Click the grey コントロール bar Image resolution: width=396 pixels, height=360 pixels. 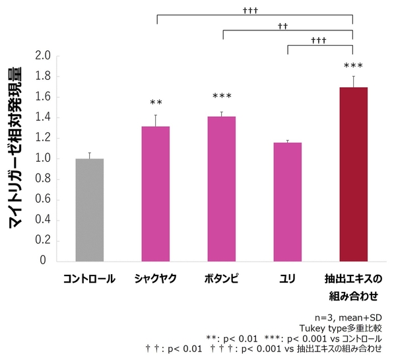[90, 209]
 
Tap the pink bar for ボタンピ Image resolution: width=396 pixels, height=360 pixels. [222, 188]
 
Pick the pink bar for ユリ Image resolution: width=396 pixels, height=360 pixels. [288, 201]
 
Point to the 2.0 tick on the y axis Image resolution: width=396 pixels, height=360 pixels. [44, 57]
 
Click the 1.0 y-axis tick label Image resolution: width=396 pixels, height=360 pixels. [44, 159]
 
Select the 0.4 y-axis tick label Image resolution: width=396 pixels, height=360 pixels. [44, 220]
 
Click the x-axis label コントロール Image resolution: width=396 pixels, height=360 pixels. [90, 279]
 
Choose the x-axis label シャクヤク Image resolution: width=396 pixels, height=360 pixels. [156, 279]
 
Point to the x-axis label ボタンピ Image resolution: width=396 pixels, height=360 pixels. [222, 279]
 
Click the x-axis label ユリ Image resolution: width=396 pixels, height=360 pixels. [288, 279]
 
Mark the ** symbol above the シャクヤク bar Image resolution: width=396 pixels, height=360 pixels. [156, 103]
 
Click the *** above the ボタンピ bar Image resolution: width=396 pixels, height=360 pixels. [222, 96]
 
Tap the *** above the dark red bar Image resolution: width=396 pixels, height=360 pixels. [354, 66]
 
